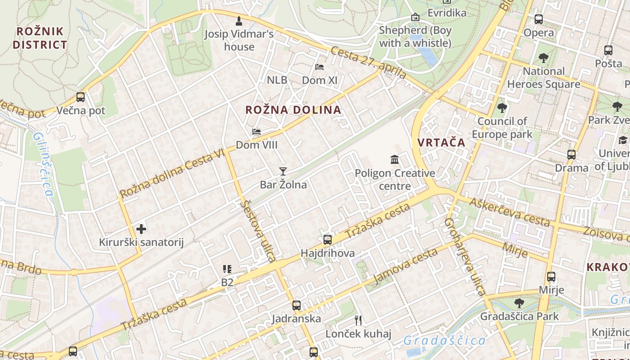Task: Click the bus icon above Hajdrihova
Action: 328,240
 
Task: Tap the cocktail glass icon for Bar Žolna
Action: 283,171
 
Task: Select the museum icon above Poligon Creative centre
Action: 395,159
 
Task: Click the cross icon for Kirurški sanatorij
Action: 141,229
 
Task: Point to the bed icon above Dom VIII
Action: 256,132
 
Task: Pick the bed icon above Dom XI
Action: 319,67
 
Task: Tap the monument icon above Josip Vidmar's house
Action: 238,21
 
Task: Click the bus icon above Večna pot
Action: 81,97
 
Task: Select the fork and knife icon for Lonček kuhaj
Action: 358,320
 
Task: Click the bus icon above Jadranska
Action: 296,306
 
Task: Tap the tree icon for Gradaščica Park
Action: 519,303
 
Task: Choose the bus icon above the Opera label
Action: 538,19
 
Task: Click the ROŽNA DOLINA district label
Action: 293,110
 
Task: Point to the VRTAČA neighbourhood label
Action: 441,143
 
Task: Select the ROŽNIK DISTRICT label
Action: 40,38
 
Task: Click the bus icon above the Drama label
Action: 571,155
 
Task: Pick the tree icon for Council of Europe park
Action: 502,108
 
